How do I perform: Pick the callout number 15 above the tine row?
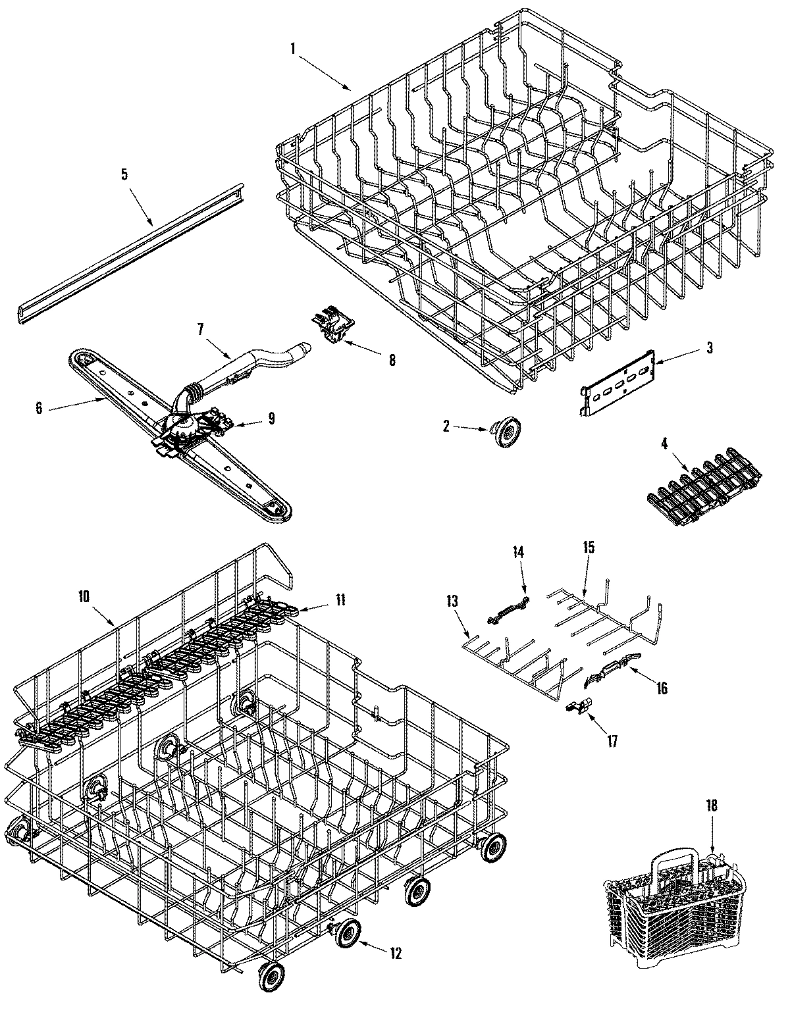coord(588,547)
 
